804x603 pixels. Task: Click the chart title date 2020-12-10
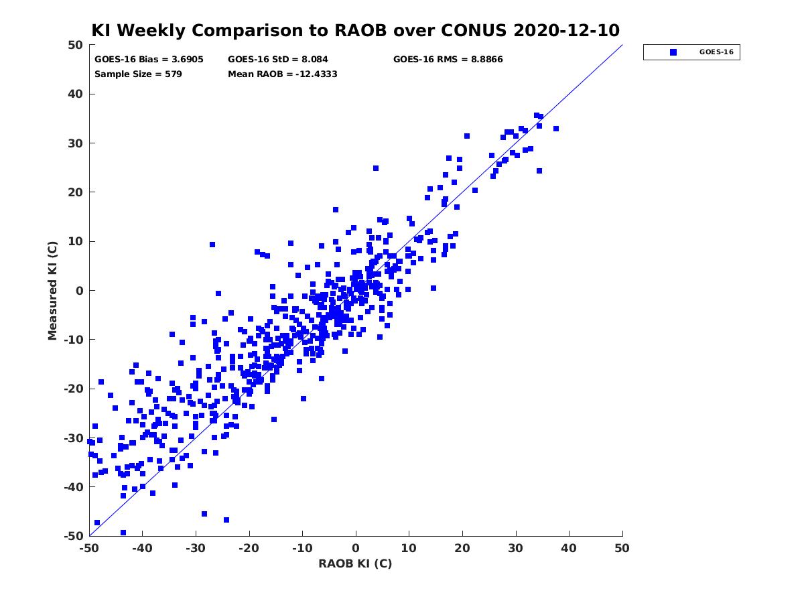(x=566, y=30)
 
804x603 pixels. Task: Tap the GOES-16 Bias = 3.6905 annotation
(x=149, y=60)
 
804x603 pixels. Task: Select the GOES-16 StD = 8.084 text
(x=277, y=60)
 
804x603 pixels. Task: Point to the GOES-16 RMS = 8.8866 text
(x=448, y=60)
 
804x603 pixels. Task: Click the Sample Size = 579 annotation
(x=138, y=74)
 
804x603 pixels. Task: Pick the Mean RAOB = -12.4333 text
(x=283, y=74)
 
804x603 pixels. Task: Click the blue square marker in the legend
(x=673, y=52)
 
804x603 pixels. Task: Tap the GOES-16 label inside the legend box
(x=716, y=52)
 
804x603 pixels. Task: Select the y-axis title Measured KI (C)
(x=52, y=291)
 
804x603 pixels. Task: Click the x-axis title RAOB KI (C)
(x=355, y=563)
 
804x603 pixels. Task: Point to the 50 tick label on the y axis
(x=76, y=45)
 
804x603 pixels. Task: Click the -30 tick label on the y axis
(x=74, y=438)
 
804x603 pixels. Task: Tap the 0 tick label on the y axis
(x=80, y=291)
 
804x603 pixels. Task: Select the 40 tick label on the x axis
(x=569, y=548)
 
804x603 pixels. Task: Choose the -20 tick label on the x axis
(x=249, y=548)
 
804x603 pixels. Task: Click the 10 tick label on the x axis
(x=409, y=548)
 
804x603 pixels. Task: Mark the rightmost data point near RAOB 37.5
(x=556, y=129)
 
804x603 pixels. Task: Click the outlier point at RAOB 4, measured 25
(x=376, y=168)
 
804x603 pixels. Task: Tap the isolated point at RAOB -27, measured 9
(x=212, y=245)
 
